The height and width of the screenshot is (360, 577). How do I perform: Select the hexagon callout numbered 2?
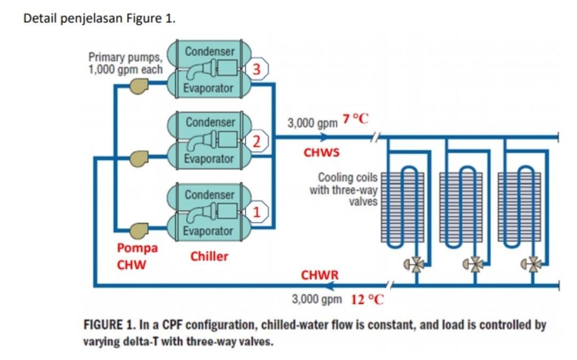(256, 142)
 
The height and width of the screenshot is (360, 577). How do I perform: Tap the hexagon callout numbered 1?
(257, 212)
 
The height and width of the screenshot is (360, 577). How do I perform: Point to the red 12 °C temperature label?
(367, 299)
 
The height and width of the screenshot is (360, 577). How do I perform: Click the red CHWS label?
(322, 153)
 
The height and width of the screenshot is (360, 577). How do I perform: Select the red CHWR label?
(319, 275)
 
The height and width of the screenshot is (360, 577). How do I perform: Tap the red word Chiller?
(209, 256)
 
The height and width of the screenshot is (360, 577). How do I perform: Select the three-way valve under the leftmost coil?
(414, 263)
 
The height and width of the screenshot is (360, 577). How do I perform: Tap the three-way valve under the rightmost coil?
(532, 263)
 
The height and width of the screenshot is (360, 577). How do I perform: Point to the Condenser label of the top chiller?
(209, 52)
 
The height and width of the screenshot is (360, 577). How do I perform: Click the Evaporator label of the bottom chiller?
(208, 231)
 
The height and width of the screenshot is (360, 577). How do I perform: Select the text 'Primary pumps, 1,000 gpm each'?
(125, 63)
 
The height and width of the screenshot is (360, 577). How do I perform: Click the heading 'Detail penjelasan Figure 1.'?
(100, 19)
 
